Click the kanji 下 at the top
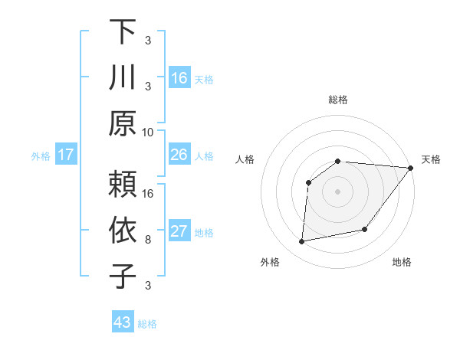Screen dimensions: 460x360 [122, 32]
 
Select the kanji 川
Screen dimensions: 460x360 [122, 78]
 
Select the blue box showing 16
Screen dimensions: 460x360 [179, 77]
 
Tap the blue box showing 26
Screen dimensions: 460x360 [179, 155]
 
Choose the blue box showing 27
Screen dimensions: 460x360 [179, 232]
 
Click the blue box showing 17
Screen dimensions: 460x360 [65, 155]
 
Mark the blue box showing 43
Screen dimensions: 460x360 [123, 322]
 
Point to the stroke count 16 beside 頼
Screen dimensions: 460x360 [148, 192]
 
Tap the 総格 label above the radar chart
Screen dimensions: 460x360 [338, 100]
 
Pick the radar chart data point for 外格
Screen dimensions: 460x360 [302, 242]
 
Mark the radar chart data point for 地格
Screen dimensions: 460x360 [365, 229]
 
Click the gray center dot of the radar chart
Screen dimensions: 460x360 [338, 191]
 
